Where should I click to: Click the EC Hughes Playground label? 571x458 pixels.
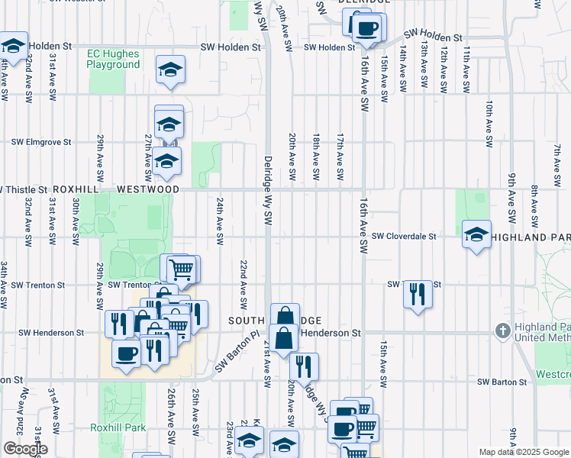[x=114, y=59]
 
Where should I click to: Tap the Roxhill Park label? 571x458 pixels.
[x=118, y=427]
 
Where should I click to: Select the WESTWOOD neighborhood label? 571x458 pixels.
[x=148, y=189]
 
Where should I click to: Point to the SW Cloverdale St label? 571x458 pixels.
[x=404, y=237]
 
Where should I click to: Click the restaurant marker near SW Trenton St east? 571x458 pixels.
[x=417, y=292]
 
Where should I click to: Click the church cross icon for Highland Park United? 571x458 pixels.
[x=502, y=331]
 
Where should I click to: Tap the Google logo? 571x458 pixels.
[x=25, y=449]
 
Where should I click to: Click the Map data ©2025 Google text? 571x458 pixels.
[x=524, y=452]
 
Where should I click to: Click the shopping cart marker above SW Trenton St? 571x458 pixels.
[x=182, y=269]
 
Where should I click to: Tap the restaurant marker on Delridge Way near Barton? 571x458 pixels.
[x=303, y=366]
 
